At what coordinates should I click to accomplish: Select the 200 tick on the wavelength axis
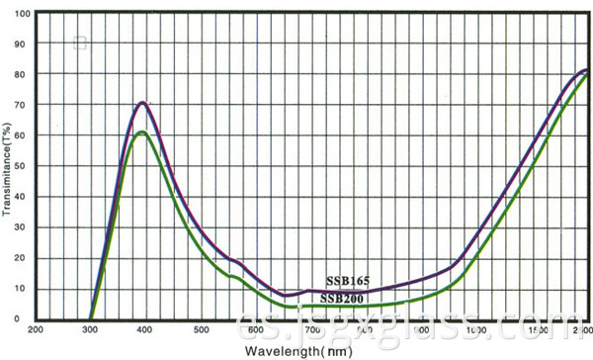pyautogui.click(x=37, y=329)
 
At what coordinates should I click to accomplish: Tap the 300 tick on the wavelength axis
pyautogui.click(x=91, y=329)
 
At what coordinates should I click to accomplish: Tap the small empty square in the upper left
pyautogui.click(x=80, y=43)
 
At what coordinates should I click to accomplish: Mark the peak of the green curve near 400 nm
pyautogui.click(x=142, y=132)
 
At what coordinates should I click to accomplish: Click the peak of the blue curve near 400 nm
pyautogui.click(x=143, y=102)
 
